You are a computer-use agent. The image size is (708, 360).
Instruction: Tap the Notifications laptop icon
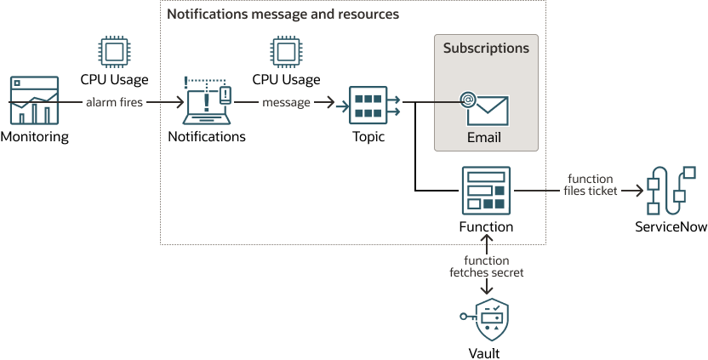pos(207,101)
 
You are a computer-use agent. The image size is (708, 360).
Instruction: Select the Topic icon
pos(368,104)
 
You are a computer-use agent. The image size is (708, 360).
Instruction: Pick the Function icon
pos(485,191)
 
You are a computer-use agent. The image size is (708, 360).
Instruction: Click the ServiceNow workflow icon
pos(667,191)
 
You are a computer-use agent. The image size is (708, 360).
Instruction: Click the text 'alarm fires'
pos(115,103)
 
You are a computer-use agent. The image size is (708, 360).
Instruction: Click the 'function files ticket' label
pos(590,185)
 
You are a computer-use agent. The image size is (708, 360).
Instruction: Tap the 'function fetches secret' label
pos(486,266)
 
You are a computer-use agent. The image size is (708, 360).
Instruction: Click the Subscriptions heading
pos(486,49)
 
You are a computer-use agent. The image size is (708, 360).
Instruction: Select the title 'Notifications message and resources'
pos(283,14)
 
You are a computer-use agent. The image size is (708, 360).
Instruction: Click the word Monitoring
pos(34,136)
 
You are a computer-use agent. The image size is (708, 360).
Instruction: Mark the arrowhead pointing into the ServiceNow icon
pos(637,191)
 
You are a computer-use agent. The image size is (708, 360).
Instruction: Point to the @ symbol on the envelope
pos(467,100)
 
